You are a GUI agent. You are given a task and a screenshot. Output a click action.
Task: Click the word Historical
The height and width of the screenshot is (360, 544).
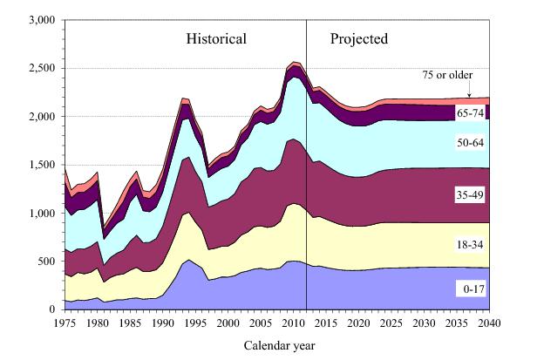[216, 39]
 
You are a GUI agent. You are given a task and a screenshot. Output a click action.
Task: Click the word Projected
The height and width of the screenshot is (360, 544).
[359, 39]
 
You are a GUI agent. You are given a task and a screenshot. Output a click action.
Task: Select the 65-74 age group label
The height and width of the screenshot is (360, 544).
[469, 113]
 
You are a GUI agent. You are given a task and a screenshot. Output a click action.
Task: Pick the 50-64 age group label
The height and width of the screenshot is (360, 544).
[469, 144]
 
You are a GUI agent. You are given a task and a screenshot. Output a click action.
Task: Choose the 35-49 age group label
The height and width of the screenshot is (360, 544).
[469, 194]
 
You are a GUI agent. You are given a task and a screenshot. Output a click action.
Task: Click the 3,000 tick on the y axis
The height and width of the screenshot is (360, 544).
[41, 19]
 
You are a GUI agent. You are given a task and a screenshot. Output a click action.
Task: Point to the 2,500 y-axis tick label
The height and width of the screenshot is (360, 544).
[41, 68]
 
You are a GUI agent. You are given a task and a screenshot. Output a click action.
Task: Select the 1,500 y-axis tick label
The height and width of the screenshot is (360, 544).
[41, 165]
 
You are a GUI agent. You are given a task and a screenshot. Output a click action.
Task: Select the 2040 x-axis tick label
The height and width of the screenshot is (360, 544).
[490, 323]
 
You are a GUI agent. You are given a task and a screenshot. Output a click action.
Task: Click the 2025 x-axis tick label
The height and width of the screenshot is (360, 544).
[391, 323]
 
